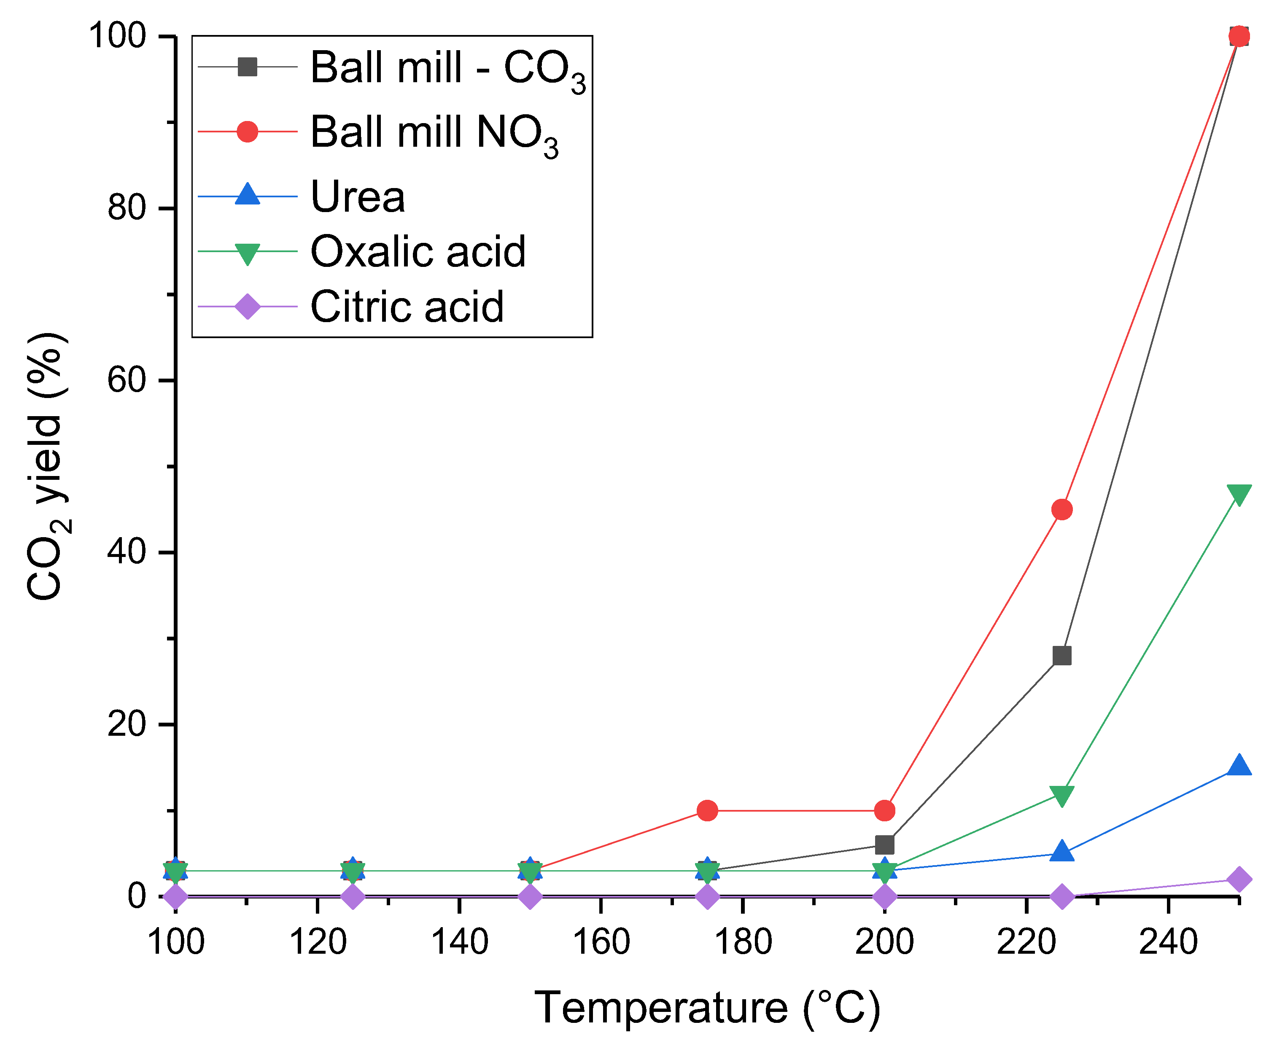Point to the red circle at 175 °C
pos(707,810)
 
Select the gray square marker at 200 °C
pos(885,844)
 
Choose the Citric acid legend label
pos(407,307)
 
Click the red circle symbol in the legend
pos(247,131)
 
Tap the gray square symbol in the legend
pos(247,67)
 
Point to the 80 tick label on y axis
pos(127,208)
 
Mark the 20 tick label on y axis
pos(127,724)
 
